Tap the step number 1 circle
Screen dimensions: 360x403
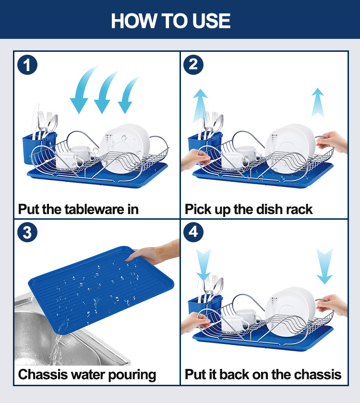[x=27, y=65]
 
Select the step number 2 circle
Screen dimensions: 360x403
[x=193, y=65]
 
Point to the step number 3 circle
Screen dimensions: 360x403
[x=27, y=232]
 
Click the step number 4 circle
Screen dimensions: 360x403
[x=193, y=232]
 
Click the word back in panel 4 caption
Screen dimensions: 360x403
[x=235, y=375]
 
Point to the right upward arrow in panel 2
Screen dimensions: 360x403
[x=318, y=102]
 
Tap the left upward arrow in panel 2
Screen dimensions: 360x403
[x=200, y=106]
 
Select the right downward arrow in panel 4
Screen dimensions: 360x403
[x=324, y=266]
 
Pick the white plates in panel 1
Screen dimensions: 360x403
[x=124, y=148]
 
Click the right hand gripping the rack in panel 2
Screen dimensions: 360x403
[x=332, y=142]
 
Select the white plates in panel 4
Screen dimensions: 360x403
[x=290, y=311]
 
